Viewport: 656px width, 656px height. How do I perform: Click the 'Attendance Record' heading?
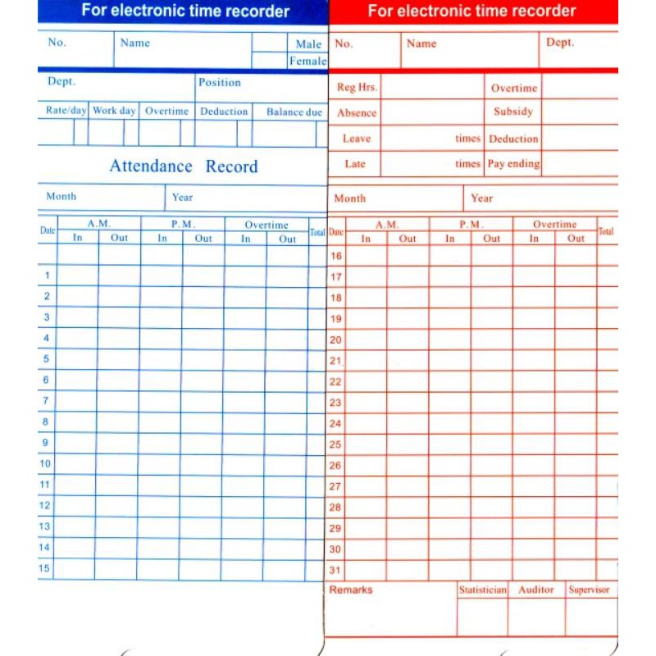pos(184,166)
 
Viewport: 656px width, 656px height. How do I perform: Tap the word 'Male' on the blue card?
pos(308,43)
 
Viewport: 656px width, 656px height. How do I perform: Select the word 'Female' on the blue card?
pos(307,61)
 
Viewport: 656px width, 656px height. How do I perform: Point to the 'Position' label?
pos(220,82)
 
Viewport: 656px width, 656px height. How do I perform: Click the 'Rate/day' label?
pos(66,111)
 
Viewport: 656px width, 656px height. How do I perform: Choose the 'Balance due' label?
pos(294,112)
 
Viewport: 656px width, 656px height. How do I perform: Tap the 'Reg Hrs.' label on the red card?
pos(357,88)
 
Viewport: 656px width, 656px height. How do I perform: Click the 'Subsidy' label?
pos(513,112)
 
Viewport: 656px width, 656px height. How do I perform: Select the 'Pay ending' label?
pos(513,163)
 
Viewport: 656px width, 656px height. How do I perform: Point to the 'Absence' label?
pos(357,113)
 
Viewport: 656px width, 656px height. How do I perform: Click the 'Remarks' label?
pos(350,590)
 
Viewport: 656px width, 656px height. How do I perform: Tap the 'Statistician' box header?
pos(483,590)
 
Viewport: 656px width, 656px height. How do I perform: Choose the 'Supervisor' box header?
pos(590,590)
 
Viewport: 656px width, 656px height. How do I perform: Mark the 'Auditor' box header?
pos(536,590)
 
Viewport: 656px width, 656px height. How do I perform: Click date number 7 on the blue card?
pos(46,400)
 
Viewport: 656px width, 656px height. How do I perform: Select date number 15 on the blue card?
pos(45,567)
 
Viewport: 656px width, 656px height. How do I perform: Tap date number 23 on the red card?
pos(335,403)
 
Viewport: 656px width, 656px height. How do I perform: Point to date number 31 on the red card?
pos(335,570)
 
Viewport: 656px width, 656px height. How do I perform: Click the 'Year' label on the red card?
pos(482,198)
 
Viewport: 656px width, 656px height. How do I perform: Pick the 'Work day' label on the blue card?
pos(114,111)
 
